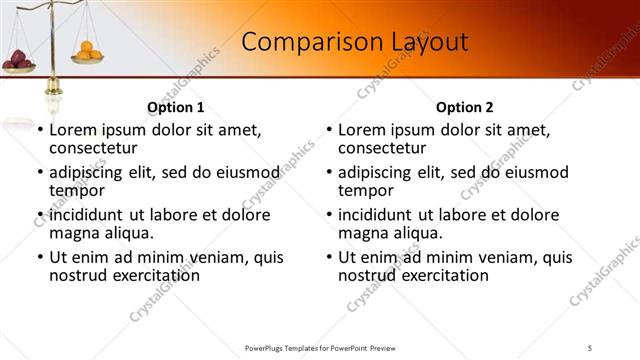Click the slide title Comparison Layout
(355, 42)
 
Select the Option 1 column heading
(175, 107)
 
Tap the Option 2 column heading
(464, 107)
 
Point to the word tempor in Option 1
(76, 190)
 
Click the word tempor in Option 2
(365, 190)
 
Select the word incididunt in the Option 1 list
(88, 215)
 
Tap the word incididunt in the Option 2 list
(377, 215)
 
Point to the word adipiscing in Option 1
(91, 172)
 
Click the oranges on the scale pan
(88, 50)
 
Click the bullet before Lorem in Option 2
(328, 130)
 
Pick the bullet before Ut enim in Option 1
(39, 257)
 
